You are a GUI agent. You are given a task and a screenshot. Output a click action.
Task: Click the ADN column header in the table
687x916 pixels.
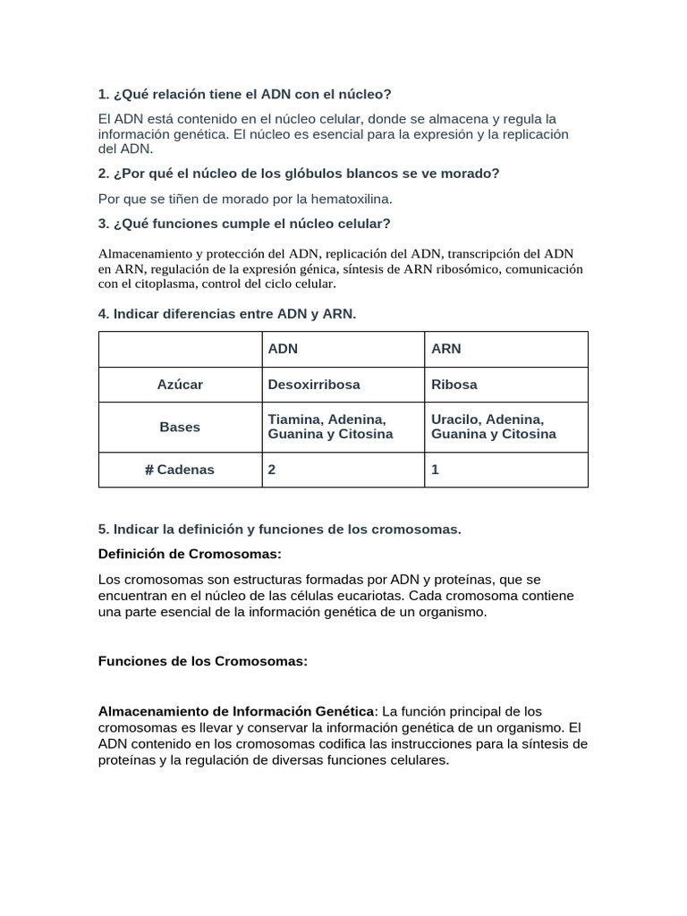pos(284,349)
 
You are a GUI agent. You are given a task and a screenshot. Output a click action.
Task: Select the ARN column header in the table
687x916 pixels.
pos(446,349)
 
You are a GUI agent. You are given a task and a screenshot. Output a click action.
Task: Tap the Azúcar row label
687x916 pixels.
pos(180,385)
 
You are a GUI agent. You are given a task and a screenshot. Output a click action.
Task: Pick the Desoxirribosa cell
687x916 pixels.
pos(314,385)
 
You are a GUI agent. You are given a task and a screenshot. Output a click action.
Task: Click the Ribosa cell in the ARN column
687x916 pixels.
pos(454,385)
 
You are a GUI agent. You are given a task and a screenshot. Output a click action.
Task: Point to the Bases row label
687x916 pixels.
pos(180,427)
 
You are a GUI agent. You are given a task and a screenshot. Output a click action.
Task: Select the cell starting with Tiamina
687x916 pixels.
pos(330,427)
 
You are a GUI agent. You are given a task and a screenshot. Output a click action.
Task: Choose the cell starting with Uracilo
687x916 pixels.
pos(493,427)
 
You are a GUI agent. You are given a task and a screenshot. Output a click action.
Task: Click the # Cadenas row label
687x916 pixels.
pos(180,470)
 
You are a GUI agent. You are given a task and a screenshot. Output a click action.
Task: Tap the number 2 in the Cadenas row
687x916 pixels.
pos(272,470)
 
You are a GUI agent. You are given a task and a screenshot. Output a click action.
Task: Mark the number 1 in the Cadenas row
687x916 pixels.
pos(435,470)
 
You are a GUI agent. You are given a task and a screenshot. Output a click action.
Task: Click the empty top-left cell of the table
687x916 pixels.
pos(180,349)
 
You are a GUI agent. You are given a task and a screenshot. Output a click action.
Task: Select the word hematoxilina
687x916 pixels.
pos(350,199)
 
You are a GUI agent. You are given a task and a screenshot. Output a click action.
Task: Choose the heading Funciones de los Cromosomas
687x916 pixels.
pos(202,661)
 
